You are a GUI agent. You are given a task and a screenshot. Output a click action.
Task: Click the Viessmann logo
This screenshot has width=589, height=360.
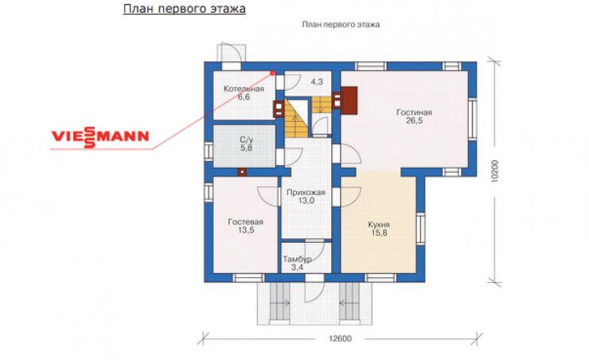tap(100, 137)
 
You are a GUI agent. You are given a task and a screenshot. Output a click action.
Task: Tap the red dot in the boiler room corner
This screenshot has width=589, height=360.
tap(272, 73)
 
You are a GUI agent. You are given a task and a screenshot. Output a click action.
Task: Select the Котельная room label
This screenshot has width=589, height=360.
tap(244, 88)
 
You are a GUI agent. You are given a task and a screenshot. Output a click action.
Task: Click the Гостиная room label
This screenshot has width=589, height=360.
tap(414, 112)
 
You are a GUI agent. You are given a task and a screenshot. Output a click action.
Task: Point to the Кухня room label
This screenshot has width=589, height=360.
tap(379, 225)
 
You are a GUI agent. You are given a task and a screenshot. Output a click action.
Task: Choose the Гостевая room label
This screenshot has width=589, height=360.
tap(246, 221)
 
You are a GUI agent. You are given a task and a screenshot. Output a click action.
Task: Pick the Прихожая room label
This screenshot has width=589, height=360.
tap(306, 193)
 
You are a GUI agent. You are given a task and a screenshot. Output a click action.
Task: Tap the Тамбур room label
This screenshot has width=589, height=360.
tap(297, 260)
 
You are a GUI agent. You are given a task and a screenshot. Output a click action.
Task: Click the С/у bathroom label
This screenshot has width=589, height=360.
tap(247, 140)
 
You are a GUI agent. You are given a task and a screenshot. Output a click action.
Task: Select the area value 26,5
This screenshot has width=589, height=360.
tap(414, 120)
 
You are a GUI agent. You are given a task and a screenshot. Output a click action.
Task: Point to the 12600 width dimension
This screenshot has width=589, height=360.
tap(341, 338)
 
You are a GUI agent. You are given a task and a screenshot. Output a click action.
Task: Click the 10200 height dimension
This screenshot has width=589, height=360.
tap(494, 171)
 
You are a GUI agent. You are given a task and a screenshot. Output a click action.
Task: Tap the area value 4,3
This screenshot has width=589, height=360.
tap(317, 81)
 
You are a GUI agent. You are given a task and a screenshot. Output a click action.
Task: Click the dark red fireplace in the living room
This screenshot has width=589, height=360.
tap(349, 100)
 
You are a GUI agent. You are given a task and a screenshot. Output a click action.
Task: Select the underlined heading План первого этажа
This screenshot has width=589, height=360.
tap(185, 9)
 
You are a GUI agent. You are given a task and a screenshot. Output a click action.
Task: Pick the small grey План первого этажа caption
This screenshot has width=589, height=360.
tap(341, 25)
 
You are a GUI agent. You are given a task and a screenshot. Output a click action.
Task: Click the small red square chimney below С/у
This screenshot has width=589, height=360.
tap(242, 172)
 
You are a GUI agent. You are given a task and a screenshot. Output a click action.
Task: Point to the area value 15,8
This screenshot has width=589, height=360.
tap(379, 233)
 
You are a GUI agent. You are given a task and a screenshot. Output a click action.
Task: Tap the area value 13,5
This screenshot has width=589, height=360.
tap(246, 230)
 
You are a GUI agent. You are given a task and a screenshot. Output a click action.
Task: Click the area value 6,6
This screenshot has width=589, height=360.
tap(244, 97)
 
